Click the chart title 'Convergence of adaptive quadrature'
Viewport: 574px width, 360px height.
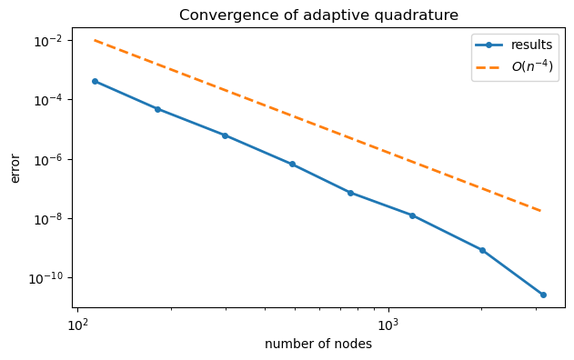[x=318, y=15]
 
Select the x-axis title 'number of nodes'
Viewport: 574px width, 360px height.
[x=318, y=345]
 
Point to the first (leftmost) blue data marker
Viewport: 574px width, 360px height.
[x=95, y=81]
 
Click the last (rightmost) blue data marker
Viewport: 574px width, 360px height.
[x=543, y=295]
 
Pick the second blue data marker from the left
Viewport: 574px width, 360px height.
[x=157, y=109]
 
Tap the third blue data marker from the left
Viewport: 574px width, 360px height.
[x=225, y=135]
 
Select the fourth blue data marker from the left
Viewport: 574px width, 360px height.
[x=292, y=165]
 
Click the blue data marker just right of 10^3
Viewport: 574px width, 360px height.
[x=412, y=215]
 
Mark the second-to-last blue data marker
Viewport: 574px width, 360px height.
[x=482, y=250]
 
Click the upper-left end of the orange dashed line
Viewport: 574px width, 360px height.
[x=95, y=40]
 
